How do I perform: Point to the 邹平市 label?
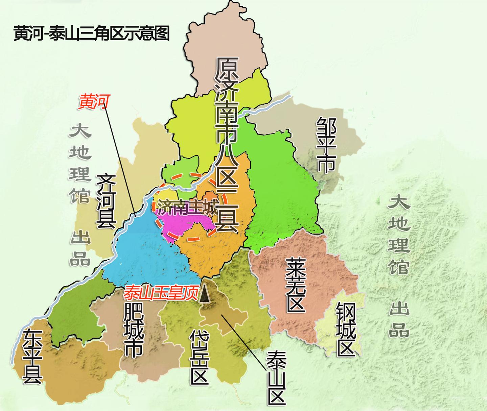pos(326,145)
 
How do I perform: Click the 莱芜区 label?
pos(296,285)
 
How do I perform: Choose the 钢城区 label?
pos(345,329)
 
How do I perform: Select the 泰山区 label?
pos(276,378)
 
